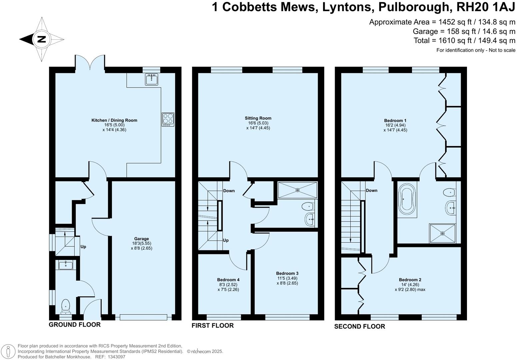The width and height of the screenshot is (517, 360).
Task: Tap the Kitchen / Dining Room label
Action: pos(114,120)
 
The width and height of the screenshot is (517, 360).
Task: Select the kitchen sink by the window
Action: pos(152,79)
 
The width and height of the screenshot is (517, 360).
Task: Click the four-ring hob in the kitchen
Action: pos(168,119)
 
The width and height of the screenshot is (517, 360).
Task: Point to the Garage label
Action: pos(141,239)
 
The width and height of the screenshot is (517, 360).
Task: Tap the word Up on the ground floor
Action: pos(83,247)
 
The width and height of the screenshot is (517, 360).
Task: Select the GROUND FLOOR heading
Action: pos(75,325)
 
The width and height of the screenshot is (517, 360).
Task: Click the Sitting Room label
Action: pos(258,118)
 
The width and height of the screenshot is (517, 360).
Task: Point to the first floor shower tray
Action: pos(297,190)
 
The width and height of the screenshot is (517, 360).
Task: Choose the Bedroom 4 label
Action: pos(228,280)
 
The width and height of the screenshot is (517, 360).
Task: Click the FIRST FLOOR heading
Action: pos(213,325)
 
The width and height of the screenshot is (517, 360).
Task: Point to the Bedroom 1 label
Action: pos(395,120)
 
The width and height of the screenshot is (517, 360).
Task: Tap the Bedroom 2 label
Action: pos(410,280)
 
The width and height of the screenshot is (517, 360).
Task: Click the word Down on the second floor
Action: pos(371,190)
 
